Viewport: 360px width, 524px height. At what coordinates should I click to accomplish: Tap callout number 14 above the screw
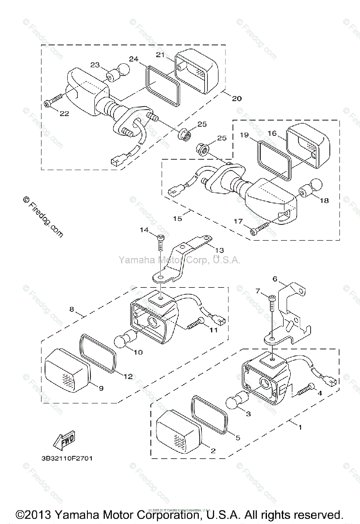[x=145, y=230]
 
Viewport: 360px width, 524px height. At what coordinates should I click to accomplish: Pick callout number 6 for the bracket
[x=275, y=279]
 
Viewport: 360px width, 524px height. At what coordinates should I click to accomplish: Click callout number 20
[x=236, y=98]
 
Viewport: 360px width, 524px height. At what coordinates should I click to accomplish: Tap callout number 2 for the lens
[x=213, y=451]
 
